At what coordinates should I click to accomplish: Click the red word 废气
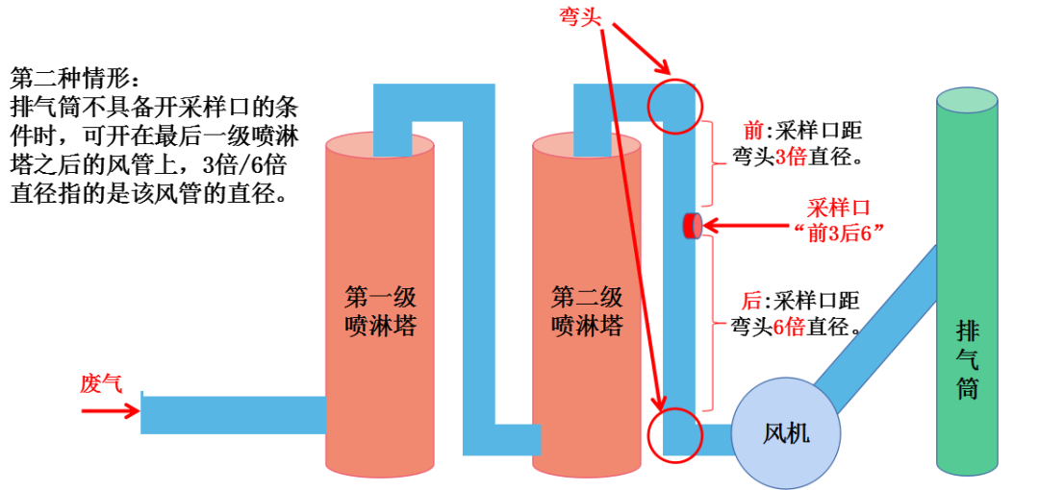(101, 384)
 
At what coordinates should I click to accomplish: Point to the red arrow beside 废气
(111, 410)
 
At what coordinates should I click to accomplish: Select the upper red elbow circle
(672, 105)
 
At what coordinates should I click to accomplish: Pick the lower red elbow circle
(672, 435)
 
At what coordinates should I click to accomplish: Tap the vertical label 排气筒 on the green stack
(967, 360)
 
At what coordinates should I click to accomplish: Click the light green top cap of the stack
(967, 99)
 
